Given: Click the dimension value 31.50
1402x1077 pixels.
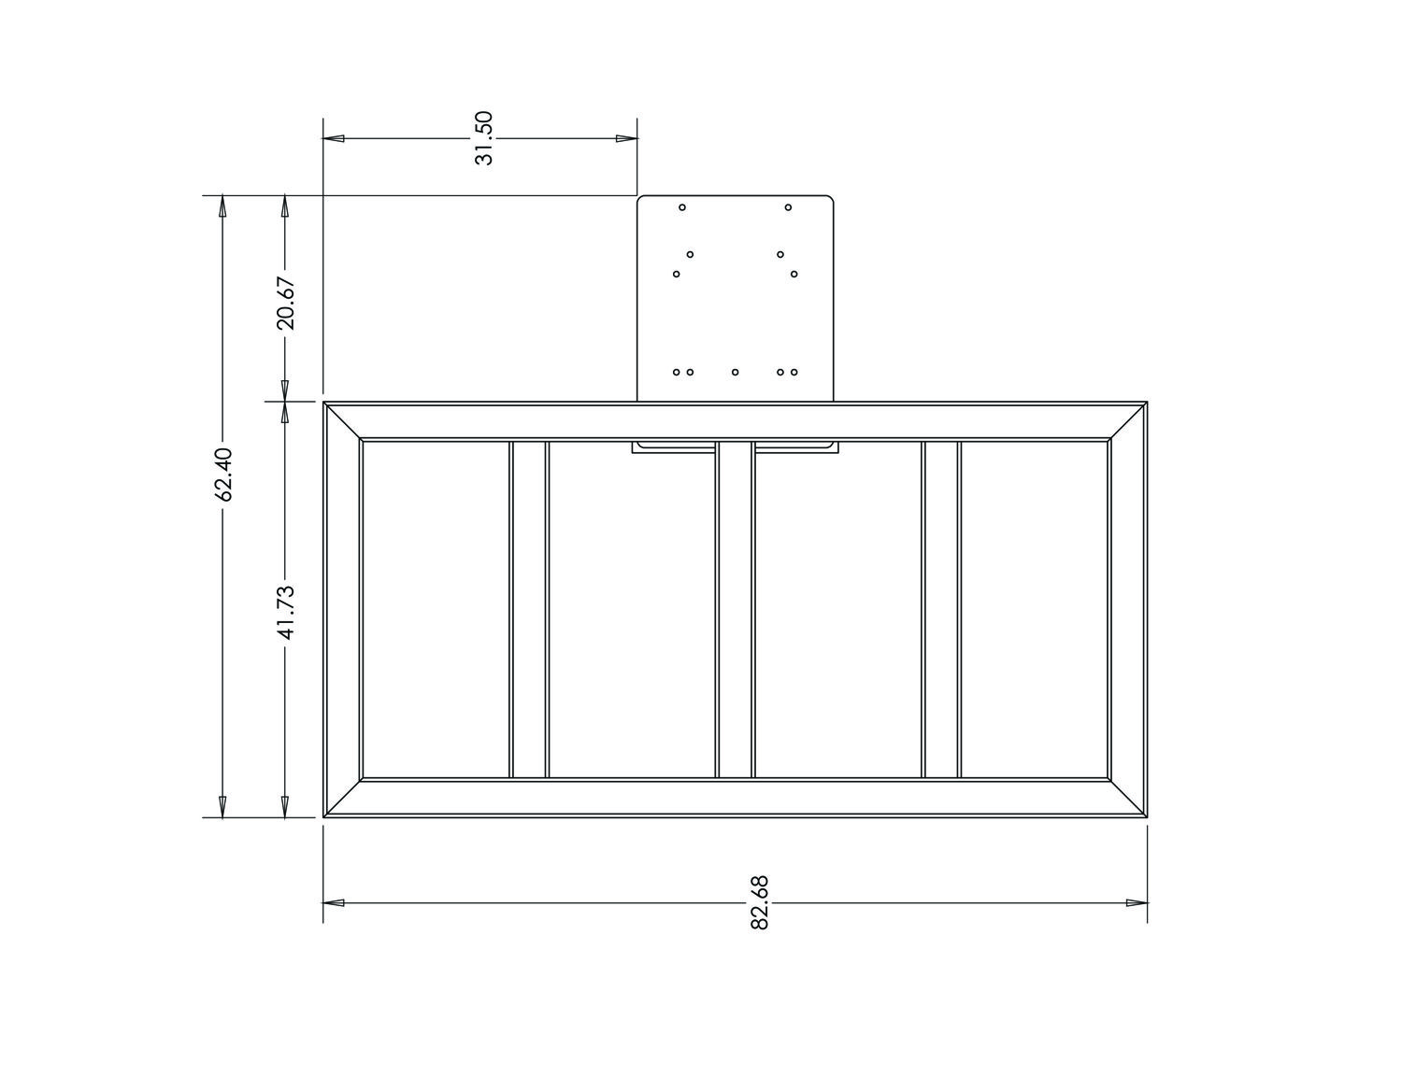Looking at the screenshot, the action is point(483,138).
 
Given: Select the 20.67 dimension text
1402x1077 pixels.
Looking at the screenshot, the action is point(285,303).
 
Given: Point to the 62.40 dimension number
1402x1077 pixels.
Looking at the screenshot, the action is point(223,474).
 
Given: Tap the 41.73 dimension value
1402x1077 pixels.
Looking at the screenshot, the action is point(285,613).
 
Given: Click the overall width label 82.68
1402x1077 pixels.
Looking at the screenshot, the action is point(760,902).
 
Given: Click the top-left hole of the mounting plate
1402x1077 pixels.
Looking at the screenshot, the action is point(682,207).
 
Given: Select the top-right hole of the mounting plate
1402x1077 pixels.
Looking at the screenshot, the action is point(788,207).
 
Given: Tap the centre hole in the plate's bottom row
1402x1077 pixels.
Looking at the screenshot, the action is point(735,372).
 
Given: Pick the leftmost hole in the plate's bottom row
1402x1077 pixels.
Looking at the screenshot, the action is point(676,372).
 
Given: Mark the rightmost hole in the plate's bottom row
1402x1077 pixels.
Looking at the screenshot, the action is point(794,372).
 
